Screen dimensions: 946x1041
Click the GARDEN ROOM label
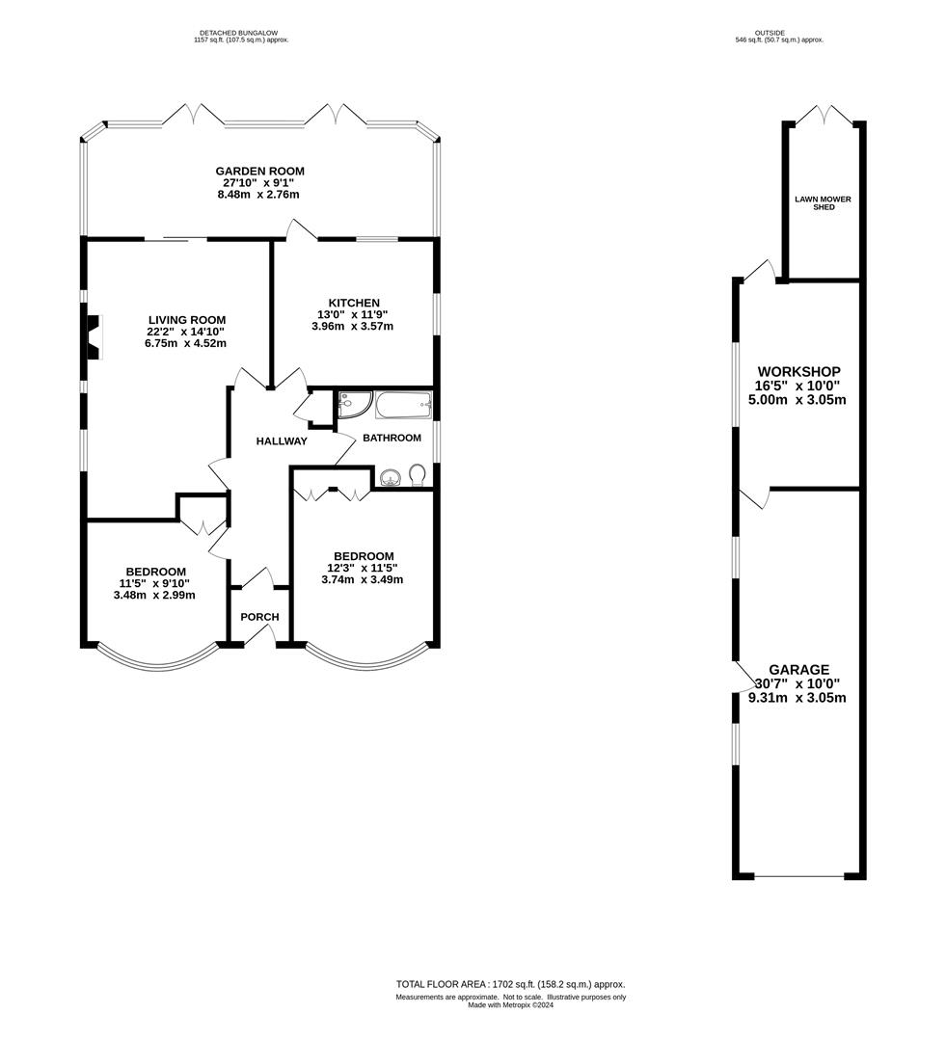coord(259,172)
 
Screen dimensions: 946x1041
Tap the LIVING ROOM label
coord(187,320)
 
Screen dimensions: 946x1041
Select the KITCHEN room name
coord(353,303)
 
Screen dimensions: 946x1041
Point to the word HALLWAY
coord(282,440)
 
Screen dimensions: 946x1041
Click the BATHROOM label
coord(392,439)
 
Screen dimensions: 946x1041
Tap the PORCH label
coord(259,617)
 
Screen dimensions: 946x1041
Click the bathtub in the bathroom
coord(403,405)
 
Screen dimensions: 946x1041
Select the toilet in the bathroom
coord(418,475)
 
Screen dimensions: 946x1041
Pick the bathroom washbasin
coord(390,477)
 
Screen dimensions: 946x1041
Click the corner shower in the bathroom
coord(352,404)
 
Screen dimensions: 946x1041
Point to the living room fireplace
coord(95,336)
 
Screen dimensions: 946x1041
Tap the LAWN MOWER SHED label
coord(824,203)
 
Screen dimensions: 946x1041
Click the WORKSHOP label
coord(799,372)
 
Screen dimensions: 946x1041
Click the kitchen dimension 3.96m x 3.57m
coord(352,326)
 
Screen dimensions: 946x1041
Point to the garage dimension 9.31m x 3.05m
coord(797,698)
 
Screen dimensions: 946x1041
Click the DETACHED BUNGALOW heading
coord(238,33)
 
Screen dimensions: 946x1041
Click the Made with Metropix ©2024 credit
coord(511,1005)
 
